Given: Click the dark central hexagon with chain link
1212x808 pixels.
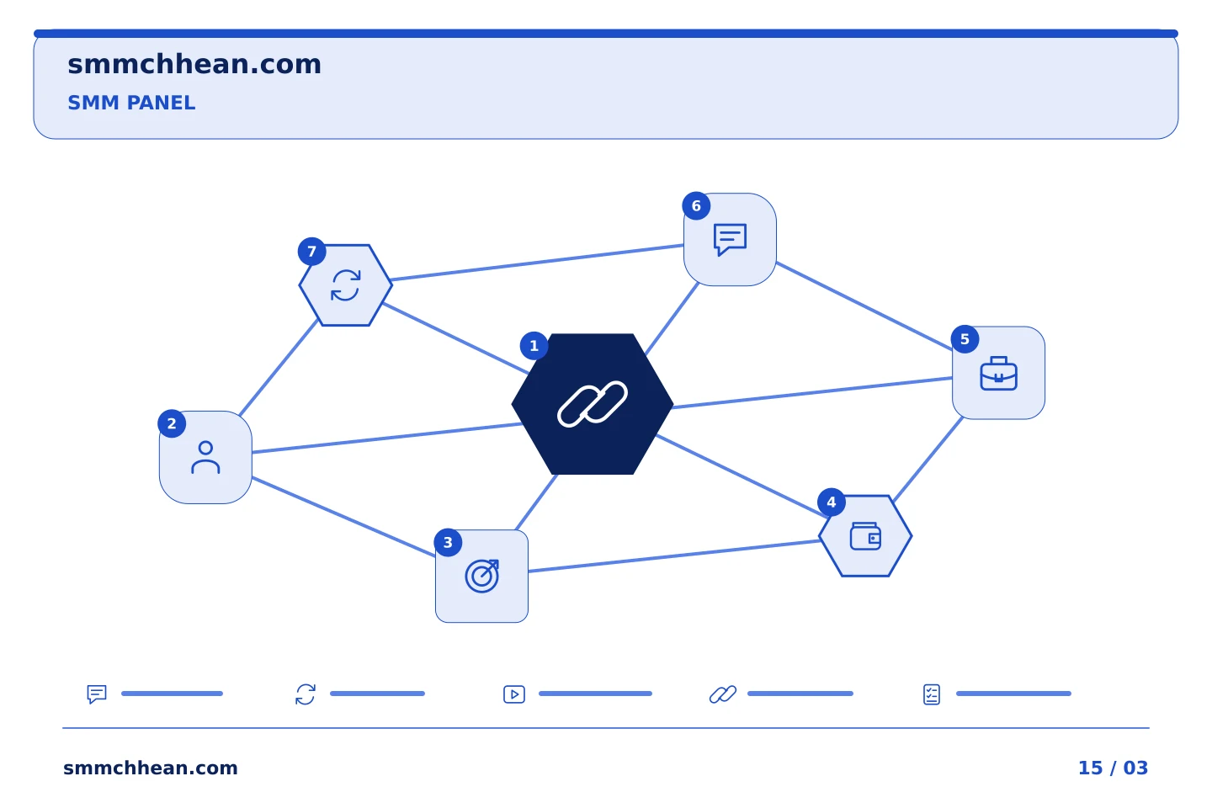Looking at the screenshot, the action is click(x=593, y=404).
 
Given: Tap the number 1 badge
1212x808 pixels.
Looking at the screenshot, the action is click(x=534, y=346).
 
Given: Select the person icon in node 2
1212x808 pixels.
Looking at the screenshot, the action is click(x=205, y=458).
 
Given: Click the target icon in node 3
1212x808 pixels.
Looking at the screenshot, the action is click(x=482, y=577).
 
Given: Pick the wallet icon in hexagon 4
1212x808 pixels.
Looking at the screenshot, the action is click(x=865, y=536).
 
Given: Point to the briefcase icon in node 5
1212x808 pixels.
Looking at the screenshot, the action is click(x=999, y=373).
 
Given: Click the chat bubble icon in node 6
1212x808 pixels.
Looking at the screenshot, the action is click(x=730, y=239).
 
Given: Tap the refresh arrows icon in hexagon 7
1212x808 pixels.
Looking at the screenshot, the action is click(x=346, y=285).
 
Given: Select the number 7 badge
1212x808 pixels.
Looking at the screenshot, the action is click(x=311, y=252).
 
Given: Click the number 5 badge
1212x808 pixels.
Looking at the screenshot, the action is click(x=965, y=339).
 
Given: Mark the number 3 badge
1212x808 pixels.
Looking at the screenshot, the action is click(x=448, y=543).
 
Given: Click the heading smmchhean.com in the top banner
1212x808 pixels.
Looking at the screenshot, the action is click(x=194, y=64).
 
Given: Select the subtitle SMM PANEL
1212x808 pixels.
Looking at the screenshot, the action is click(x=131, y=103).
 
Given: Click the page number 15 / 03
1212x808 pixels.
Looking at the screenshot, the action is click(x=1113, y=768).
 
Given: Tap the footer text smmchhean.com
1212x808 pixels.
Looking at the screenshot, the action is click(x=151, y=768).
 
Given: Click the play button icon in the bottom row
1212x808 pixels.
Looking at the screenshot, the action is click(x=514, y=694).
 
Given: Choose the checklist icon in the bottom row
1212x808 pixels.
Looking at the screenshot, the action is click(x=932, y=694).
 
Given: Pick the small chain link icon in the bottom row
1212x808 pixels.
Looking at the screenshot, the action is click(x=723, y=694).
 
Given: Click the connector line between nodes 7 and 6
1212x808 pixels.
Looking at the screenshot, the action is click(x=537, y=263).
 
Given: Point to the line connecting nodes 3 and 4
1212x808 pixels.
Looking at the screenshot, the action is click(x=674, y=555).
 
